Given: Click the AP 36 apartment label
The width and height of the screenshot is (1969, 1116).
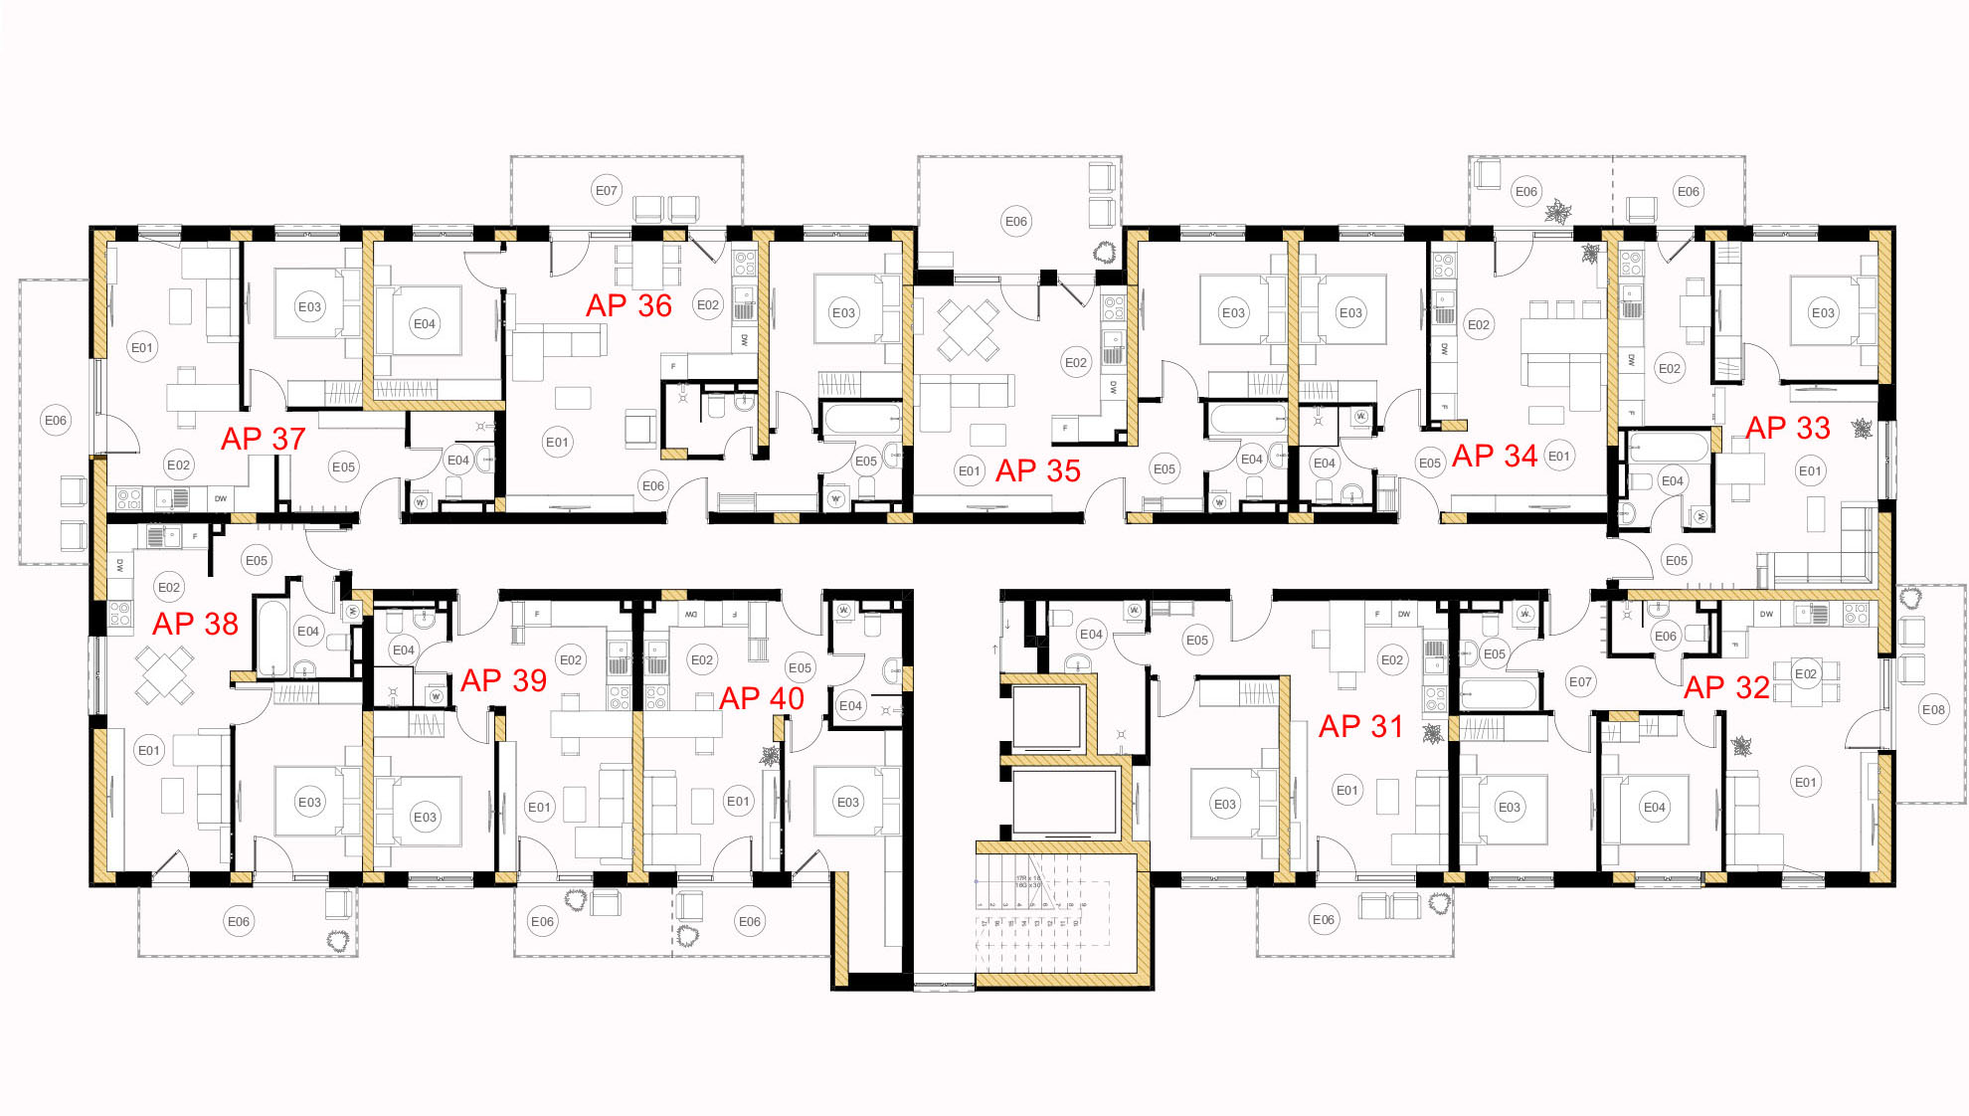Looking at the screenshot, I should pos(628,305).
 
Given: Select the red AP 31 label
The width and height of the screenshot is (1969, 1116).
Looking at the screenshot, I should pos(1359,727).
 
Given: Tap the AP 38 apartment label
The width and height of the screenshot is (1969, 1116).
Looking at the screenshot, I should pos(195,624).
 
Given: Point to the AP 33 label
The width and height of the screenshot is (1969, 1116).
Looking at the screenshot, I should pos(1787,428).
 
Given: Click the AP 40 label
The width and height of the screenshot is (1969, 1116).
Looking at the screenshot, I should pos(761,698).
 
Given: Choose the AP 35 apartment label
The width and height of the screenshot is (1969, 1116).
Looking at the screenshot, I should pos(1037,470).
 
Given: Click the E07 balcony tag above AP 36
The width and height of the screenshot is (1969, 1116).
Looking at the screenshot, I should pos(607,190).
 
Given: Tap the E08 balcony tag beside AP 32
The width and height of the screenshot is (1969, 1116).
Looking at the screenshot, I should pos(1933,709).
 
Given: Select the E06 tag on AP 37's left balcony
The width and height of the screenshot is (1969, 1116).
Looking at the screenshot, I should pos(56,420).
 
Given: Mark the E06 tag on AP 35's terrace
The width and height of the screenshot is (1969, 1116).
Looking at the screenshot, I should pos(1015,221).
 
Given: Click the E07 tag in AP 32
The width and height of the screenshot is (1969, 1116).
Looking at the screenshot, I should pos(1580,681).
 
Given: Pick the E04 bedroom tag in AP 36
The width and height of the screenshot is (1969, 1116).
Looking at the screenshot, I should pos(425,323).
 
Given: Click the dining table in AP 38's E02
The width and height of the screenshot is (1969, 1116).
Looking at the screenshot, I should pos(164,674).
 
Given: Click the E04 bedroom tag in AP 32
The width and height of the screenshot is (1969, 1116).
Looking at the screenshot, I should pos(1654,807).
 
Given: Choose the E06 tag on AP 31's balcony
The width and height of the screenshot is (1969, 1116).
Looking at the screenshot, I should pos(1323,920).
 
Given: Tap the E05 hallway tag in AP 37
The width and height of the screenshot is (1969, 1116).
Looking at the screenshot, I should pos(343,466).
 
